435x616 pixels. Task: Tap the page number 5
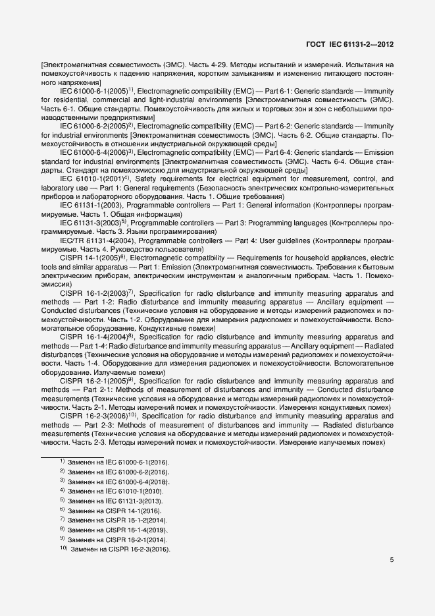coord(392,561)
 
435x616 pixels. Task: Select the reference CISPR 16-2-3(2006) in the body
coord(97,417)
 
